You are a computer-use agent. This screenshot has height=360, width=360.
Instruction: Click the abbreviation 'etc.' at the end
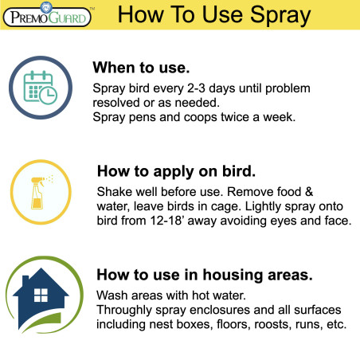pos(334,325)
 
